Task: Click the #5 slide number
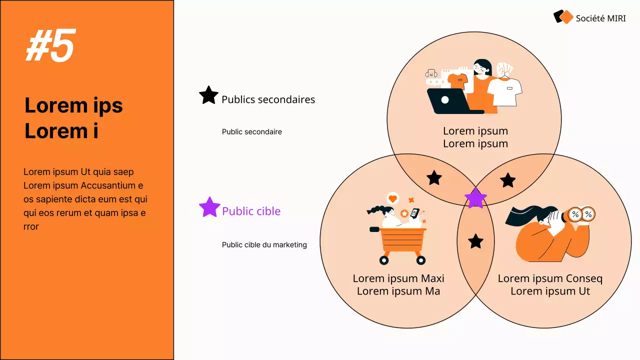(x=50, y=45)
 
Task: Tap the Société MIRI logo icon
(x=563, y=17)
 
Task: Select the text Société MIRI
(x=600, y=18)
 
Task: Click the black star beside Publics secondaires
(x=208, y=95)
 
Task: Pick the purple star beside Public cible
(x=209, y=207)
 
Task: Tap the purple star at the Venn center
(x=475, y=198)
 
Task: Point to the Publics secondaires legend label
(x=268, y=99)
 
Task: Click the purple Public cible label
(x=251, y=211)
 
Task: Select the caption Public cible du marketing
(x=264, y=245)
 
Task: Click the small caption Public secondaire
(x=251, y=132)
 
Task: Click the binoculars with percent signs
(x=581, y=214)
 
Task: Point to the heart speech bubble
(x=392, y=198)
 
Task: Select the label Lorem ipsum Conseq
(x=550, y=278)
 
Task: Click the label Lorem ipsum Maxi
(x=398, y=278)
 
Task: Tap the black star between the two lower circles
(x=475, y=241)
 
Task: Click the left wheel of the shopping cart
(x=384, y=260)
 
